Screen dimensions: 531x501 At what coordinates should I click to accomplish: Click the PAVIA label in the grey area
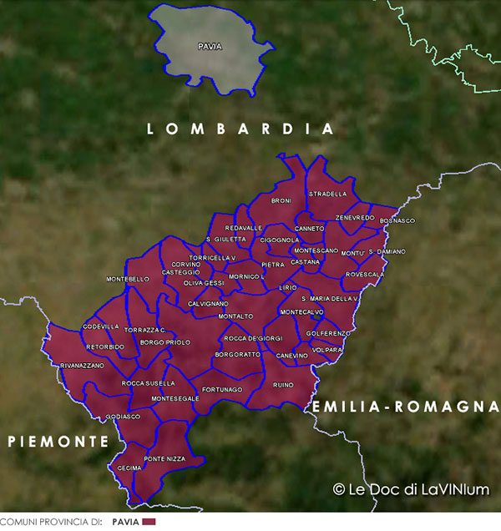(210, 47)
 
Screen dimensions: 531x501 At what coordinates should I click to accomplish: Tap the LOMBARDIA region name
(240, 129)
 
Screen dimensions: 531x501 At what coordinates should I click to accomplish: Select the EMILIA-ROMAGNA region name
(399, 407)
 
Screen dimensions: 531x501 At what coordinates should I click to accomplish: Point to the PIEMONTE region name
(58, 441)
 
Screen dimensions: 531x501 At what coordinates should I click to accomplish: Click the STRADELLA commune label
(327, 194)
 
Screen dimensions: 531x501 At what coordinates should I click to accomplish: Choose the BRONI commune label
(281, 201)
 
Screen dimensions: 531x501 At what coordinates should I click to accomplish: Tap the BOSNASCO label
(397, 220)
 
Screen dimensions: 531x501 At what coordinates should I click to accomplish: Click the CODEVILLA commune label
(101, 326)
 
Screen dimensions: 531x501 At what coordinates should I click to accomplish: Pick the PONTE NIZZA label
(165, 459)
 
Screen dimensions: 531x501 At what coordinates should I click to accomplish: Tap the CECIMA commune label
(129, 468)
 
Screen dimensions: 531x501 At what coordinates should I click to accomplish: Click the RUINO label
(283, 385)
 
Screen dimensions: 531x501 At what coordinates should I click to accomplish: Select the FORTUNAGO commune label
(222, 390)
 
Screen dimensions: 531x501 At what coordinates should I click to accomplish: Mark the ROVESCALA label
(365, 274)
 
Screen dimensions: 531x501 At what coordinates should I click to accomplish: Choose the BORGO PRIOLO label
(165, 342)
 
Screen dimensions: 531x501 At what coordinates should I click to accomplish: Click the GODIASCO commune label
(124, 416)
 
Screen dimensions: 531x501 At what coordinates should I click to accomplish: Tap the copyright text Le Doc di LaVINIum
(411, 490)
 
